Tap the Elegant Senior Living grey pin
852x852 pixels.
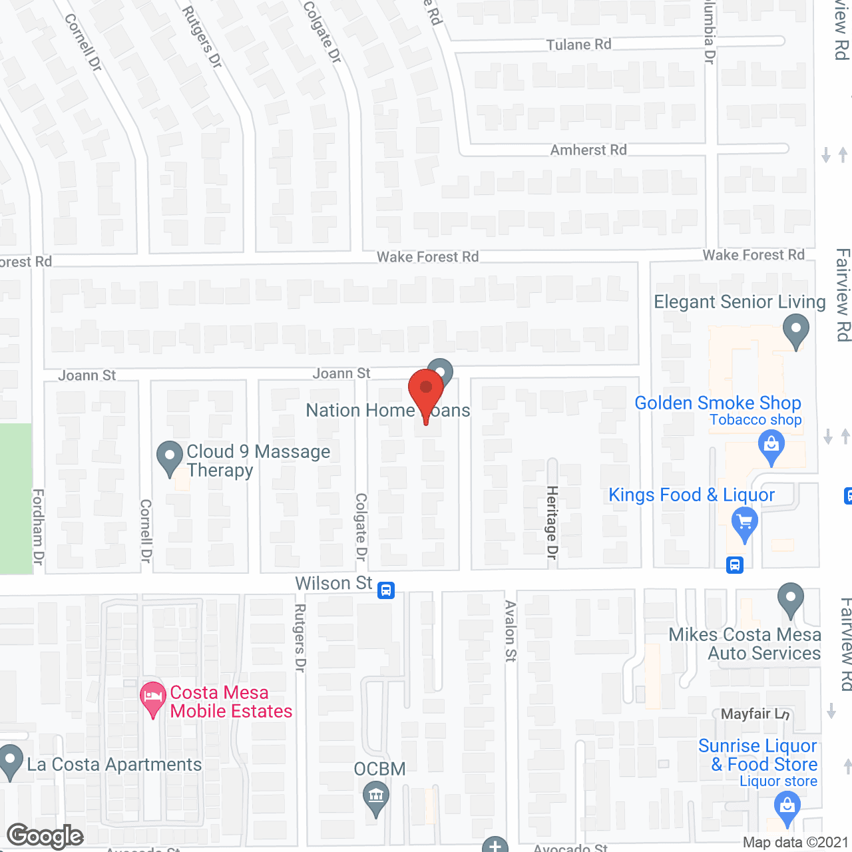tap(795, 330)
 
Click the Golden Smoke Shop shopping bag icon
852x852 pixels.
tap(771, 446)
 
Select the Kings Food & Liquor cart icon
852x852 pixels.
tap(745, 523)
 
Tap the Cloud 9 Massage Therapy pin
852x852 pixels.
tap(170, 458)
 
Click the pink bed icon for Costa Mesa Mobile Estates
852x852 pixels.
tap(153, 699)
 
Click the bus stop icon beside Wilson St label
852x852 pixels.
tap(386, 590)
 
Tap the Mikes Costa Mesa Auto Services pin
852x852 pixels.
tap(790, 599)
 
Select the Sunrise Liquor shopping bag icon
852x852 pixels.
tap(787, 808)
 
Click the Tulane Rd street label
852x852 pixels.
tap(578, 45)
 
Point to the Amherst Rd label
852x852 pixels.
tap(588, 150)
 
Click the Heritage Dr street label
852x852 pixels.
tap(552, 522)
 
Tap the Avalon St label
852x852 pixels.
tap(511, 630)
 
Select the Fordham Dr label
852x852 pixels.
tap(39, 527)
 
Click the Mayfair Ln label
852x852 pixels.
tap(755, 714)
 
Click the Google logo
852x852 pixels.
tap(45, 836)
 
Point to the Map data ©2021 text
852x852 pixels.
tap(795, 843)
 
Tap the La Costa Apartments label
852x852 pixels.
tap(114, 764)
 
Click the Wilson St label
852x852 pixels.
tap(333, 583)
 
